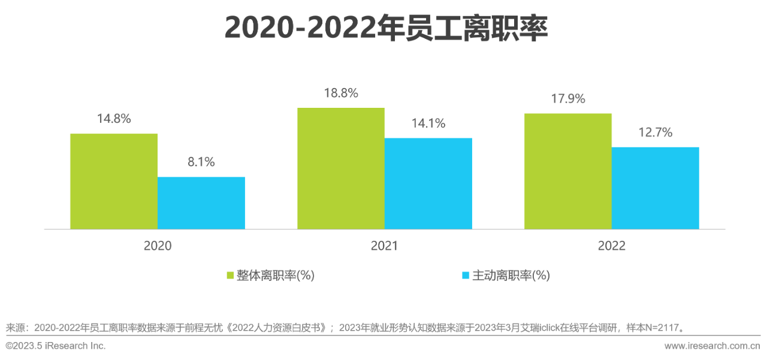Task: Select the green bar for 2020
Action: click(x=114, y=181)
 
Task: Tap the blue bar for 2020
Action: click(x=201, y=203)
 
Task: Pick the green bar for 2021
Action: click(x=341, y=168)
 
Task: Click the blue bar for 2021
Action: click(x=428, y=183)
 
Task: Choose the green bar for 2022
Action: click(x=568, y=171)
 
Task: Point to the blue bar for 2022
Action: click(x=656, y=188)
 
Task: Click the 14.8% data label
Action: click(x=114, y=119)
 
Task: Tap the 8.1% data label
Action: click(x=201, y=162)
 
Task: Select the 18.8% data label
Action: click(x=341, y=93)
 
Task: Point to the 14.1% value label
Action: click(x=428, y=123)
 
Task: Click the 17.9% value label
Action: click(x=568, y=99)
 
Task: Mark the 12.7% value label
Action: click(x=656, y=132)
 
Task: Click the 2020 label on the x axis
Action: click(x=158, y=246)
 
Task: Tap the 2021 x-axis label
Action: click(x=384, y=246)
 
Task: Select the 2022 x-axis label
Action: click(x=611, y=246)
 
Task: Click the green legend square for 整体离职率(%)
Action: click(x=230, y=276)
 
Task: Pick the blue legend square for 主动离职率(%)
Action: click(x=466, y=276)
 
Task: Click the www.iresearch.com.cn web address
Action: click(x=712, y=346)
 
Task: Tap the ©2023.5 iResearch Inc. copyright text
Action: click(x=56, y=346)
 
